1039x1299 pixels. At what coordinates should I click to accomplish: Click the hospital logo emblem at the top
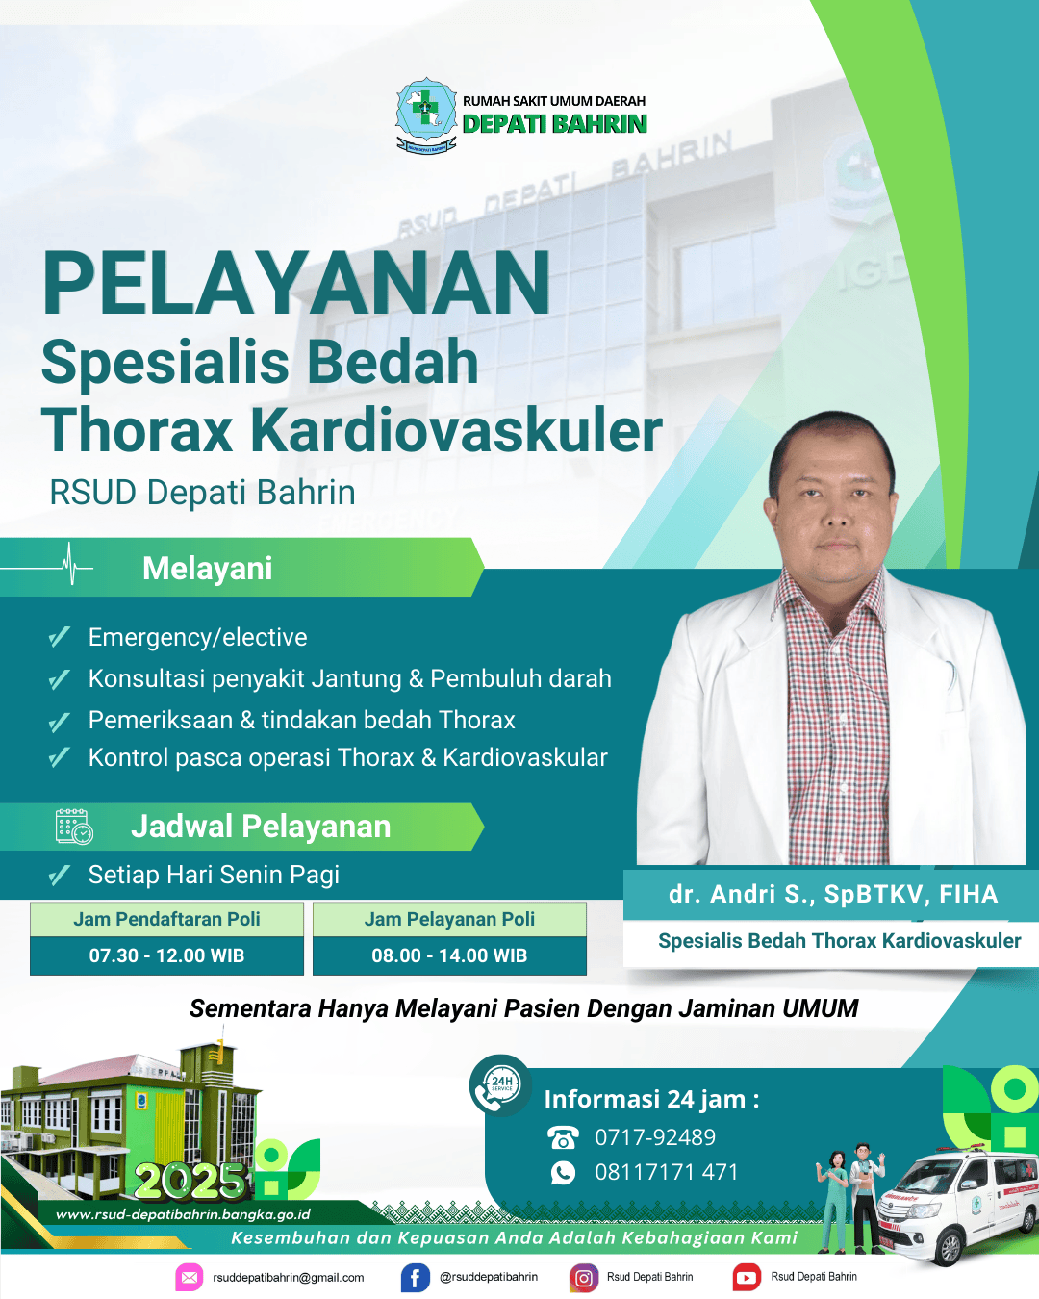coord(426,115)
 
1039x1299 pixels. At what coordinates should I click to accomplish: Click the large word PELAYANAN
coord(295,283)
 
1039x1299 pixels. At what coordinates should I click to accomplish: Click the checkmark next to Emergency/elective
coord(59,637)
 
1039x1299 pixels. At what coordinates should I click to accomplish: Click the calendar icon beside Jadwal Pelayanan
coord(74,827)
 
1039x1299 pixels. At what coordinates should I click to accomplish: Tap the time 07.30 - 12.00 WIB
coord(166,955)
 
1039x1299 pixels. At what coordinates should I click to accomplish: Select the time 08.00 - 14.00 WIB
coord(449,955)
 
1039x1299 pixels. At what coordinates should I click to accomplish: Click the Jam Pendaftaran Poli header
coord(166,919)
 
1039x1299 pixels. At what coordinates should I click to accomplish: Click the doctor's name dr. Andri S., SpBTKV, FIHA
coord(833,895)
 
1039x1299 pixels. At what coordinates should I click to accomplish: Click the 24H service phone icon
coord(500,1083)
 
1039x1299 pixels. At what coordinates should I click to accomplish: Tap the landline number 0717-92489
coord(655,1137)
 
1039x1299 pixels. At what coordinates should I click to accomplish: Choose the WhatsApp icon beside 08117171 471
coord(563,1172)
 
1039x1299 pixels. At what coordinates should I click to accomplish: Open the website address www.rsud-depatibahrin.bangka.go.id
coord(183,1214)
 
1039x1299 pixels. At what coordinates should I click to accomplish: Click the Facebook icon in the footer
coord(416,1277)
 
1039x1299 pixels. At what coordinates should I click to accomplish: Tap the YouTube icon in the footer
coord(747,1277)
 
